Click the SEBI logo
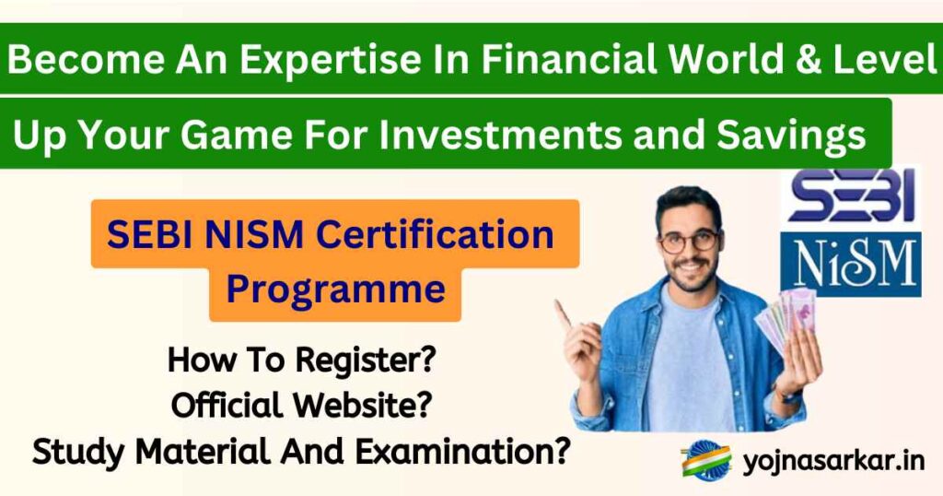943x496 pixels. click(850, 197)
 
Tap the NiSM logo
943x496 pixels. click(850, 264)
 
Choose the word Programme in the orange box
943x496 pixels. click(336, 289)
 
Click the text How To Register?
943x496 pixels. click(300, 360)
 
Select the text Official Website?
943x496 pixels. click(300, 405)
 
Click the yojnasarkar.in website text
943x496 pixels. click(833, 461)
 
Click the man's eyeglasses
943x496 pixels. click(689, 242)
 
